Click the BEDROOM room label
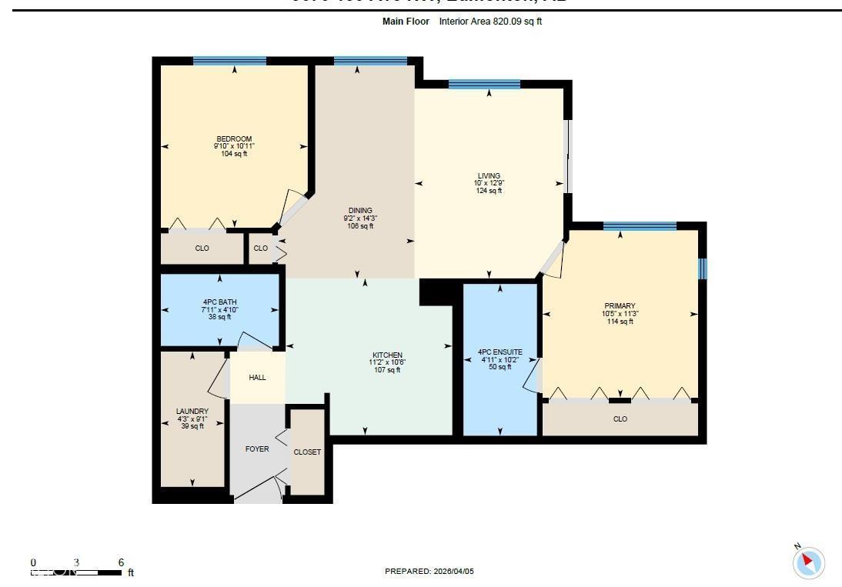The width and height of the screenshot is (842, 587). pyautogui.click(x=234, y=139)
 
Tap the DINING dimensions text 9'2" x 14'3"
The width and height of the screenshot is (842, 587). pyautogui.click(x=360, y=218)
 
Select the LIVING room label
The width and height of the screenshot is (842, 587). pyautogui.click(x=489, y=176)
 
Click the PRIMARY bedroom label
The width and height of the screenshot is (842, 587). pyautogui.click(x=620, y=306)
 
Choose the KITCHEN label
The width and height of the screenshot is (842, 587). pyautogui.click(x=387, y=355)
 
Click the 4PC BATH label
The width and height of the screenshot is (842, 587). pyautogui.click(x=220, y=302)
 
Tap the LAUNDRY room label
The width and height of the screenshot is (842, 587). pyautogui.click(x=192, y=412)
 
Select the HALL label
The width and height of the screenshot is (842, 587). pyautogui.click(x=257, y=378)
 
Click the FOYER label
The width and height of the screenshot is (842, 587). pyautogui.click(x=257, y=449)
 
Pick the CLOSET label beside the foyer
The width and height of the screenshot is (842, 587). pyautogui.click(x=307, y=452)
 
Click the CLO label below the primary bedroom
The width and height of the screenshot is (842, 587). pyautogui.click(x=620, y=419)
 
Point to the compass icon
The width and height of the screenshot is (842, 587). pyautogui.click(x=808, y=562)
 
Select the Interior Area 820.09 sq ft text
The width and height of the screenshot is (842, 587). pyautogui.click(x=490, y=22)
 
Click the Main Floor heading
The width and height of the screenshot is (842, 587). pyautogui.click(x=405, y=22)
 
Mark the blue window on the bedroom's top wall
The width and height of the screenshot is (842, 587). pyautogui.click(x=229, y=61)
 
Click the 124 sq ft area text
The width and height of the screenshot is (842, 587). pyautogui.click(x=489, y=191)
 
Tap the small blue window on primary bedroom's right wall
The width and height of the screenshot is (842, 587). pyautogui.click(x=702, y=268)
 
